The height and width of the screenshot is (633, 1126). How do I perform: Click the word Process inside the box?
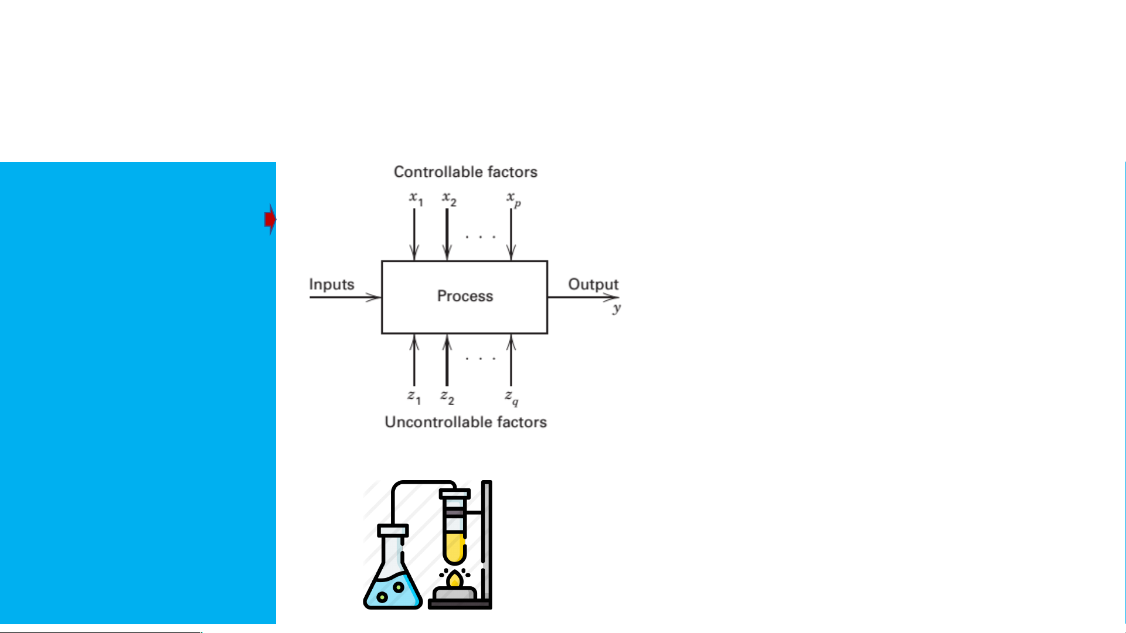465,296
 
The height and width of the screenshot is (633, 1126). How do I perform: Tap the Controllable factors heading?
465,172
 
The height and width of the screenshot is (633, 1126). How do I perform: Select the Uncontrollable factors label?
465,422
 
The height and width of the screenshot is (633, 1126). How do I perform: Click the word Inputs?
332,285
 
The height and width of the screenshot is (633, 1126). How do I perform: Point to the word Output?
593,285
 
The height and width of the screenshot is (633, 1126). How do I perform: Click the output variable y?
616,308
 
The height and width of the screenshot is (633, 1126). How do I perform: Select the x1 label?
416,199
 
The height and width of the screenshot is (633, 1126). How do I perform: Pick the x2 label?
449,199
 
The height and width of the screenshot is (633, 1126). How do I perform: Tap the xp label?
513,199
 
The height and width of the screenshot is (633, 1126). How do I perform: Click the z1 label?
414,397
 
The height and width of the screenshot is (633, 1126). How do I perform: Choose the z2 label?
447,397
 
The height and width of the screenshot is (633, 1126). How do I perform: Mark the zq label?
512,398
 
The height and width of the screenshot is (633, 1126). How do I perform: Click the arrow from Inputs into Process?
345,297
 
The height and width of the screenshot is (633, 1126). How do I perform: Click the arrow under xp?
511,234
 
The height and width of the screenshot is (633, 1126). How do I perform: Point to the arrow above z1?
414,360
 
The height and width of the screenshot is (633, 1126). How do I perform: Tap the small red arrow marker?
270,220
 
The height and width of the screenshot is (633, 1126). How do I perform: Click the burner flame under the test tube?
454,580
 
